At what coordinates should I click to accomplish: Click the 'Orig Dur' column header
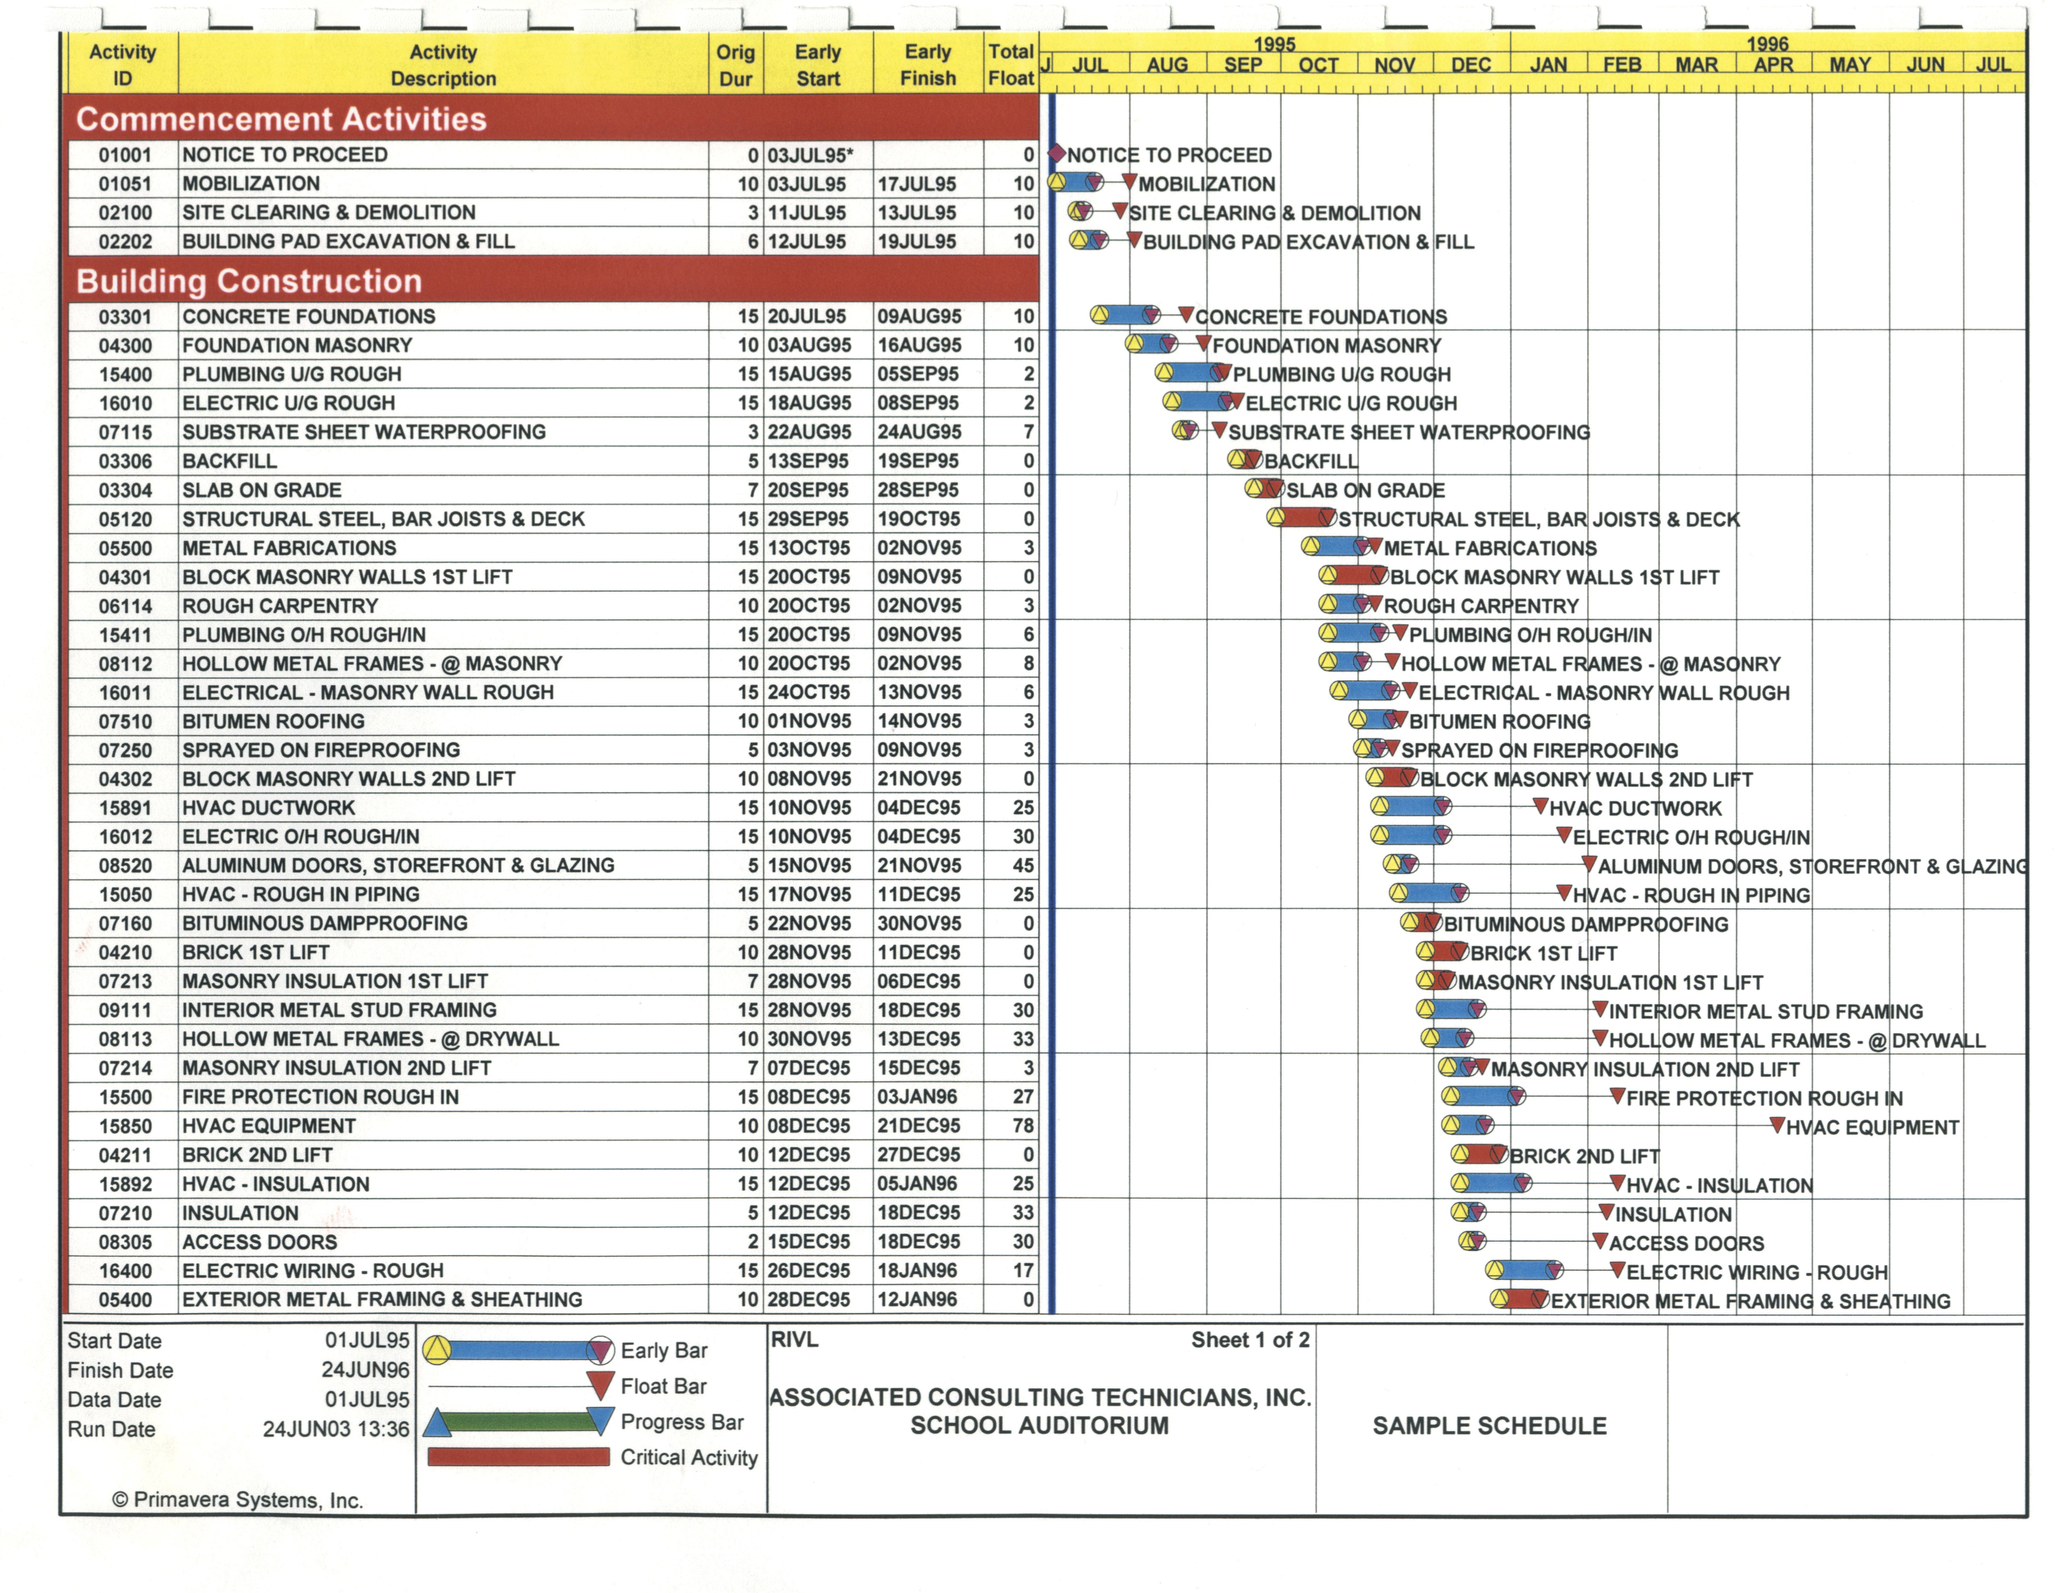pyautogui.click(x=735, y=65)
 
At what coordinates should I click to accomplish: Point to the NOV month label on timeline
pyautogui.click(x=1394, y=65)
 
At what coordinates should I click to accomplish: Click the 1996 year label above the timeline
pyautogui.click(x=1767, y=43)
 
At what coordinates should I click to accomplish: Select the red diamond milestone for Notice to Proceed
pyautogui.click(x=1056, y=154)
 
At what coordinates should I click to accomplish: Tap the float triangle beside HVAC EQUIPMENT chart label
pyautogui.click(x=1776, y=1125)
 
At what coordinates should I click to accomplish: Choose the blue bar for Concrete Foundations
pyautogui.click(x=1126, y=314)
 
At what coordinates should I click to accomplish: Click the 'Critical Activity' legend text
pyautogui.click(x=688, y=1457)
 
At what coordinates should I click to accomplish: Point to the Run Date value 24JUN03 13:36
pyautogui.click(x=336, y=1429)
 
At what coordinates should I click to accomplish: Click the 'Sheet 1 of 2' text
pyautogui.click(x=1250, y=1340)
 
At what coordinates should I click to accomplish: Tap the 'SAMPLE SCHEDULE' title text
pyautogui.click(x=1489, y=1425)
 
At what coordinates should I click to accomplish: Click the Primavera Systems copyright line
pyautogui.click(x=237, y=1500)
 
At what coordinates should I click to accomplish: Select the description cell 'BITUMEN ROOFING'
pyautogui.click(x=273, y=721)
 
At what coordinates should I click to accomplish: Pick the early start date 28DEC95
pyautogui.click(x=809, y=1299)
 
